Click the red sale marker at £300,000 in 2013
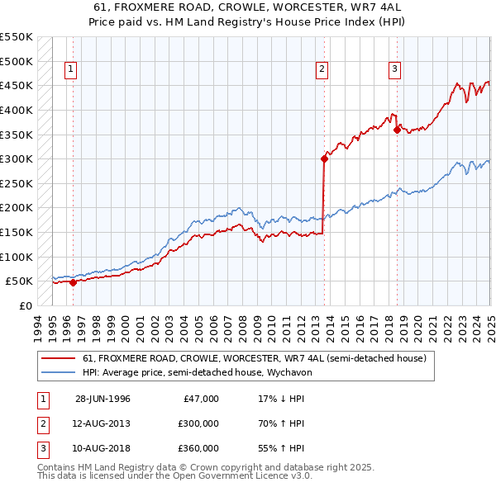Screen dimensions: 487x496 pyautogui.click(x=324, y=159)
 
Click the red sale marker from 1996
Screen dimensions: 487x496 pyautogui.click(x=73, y=282)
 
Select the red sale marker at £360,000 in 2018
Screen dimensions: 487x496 pyautogui.click(x=397, y=130)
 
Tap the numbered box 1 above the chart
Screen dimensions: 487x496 pyautogui.click(x=72, y=69)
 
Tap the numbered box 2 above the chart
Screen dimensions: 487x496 pyautogui.click(x=322, y=69)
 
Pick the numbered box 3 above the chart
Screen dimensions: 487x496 pyautogui.click(x=395, y=69)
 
